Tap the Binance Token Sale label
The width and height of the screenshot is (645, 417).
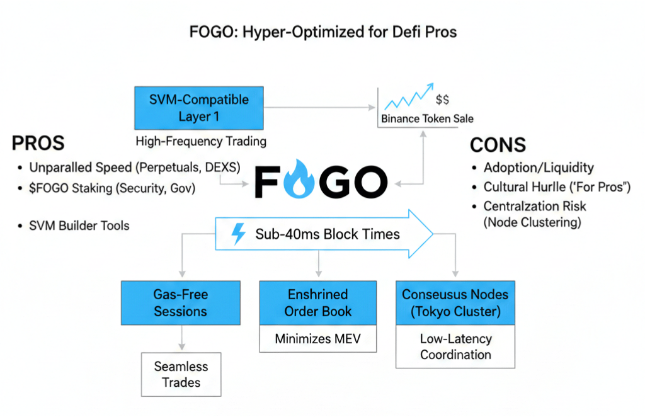tap(427, 118)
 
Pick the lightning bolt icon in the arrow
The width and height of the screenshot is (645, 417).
tap(239, 234)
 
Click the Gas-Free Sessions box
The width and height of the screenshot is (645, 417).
tap(180, 302)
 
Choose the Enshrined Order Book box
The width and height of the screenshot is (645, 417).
tap(318, 302)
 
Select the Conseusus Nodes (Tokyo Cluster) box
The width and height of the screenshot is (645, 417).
tap(455, 302)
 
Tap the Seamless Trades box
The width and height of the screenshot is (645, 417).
tap(181, 374)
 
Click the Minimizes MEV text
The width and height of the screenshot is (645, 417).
tap(318, 339)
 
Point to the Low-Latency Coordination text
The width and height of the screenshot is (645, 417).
tap(455, 346)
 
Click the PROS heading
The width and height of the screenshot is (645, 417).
tap(38, 144)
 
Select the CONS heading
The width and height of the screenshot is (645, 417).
tap(498, 146)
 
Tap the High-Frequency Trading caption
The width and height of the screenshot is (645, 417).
tap(200, 142)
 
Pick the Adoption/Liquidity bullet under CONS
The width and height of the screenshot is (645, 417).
tap(539, 168)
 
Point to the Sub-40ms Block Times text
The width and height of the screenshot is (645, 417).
tap(328, 234)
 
